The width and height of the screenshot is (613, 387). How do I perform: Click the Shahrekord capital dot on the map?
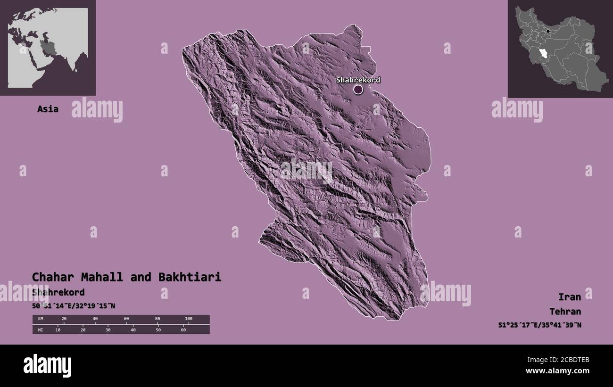click(x=358, y=89)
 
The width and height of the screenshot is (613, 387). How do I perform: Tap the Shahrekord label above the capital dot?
click(x=358, y=80)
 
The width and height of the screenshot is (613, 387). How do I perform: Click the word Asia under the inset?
click(x=48, y=109)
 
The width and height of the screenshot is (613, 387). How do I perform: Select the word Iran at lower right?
click(x=569, y=296)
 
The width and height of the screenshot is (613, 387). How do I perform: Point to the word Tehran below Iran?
click(x=565, y=312)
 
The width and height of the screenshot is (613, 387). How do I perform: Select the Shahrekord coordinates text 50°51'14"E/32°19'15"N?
click(x=74, y=306)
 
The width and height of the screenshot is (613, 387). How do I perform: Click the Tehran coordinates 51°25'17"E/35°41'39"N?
click(x=539, y=325)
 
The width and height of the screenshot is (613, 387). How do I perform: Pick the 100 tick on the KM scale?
click(x=188, y=319)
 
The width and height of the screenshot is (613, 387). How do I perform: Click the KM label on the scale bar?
click(x=41, y=319)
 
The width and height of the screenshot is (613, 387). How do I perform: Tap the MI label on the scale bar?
click(x=41, y=329)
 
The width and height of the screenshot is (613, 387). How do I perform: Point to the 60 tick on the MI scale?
click(x=183, y=329)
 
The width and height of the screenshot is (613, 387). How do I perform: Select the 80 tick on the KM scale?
click(x=157, y=319)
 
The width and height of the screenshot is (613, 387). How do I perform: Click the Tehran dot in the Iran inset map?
click(x=547, y=32)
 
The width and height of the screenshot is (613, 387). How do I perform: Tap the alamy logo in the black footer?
click(x=47, y=366)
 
